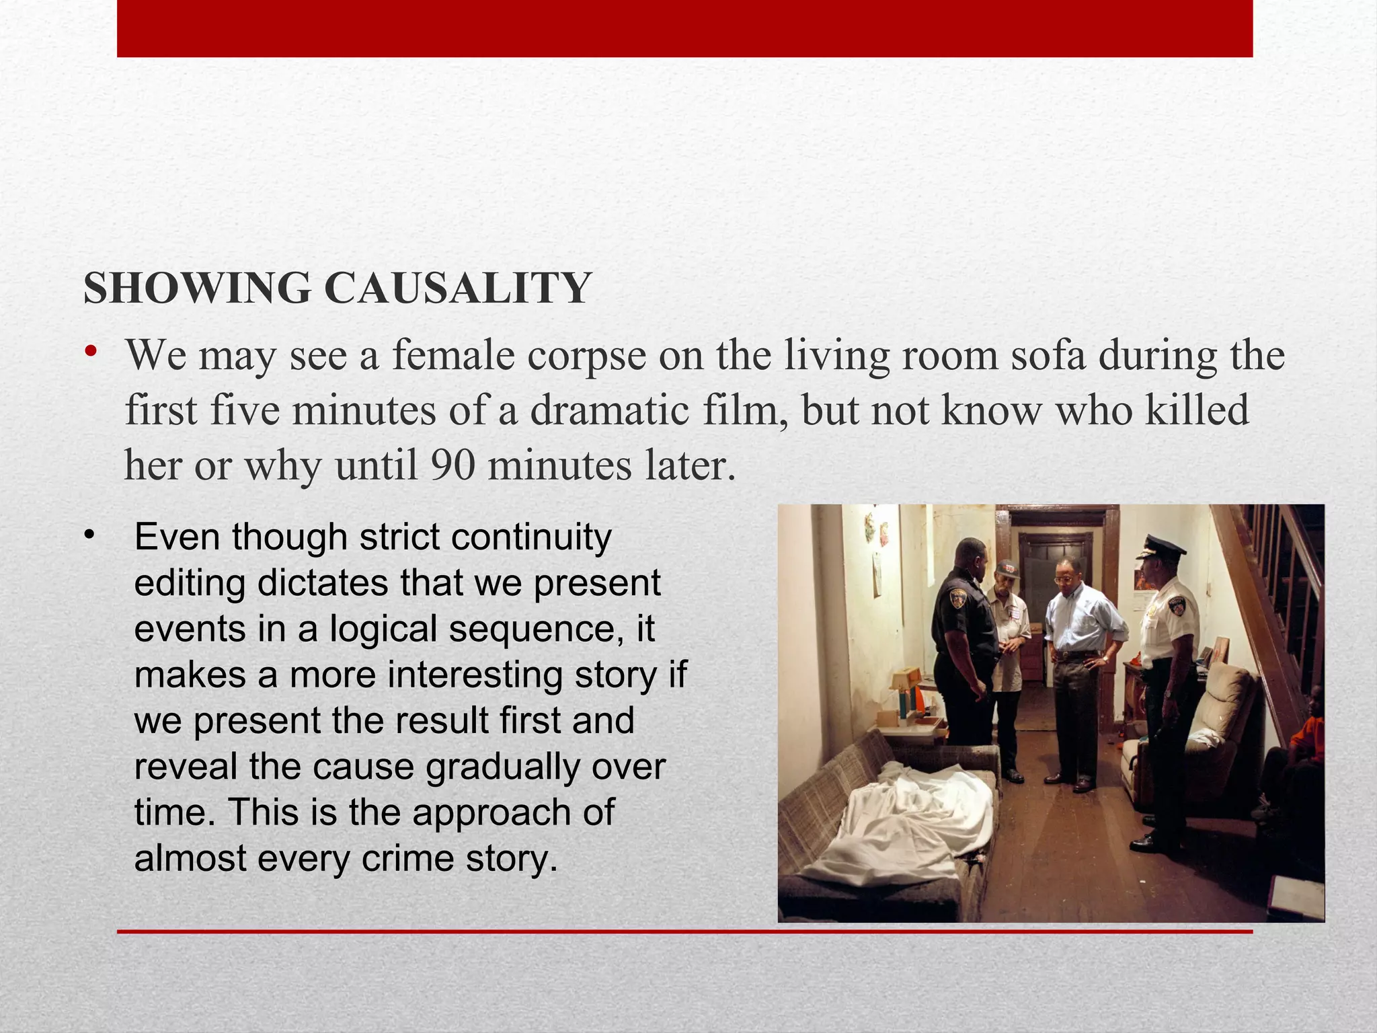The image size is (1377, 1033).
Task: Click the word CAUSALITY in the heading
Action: (x=457, y=289)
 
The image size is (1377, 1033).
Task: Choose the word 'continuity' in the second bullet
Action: (x=531, y=538)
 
